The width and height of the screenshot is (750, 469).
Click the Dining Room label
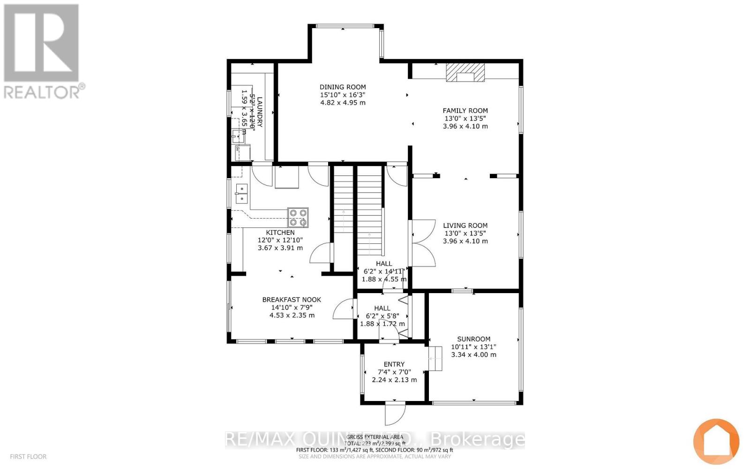tap(343, 87)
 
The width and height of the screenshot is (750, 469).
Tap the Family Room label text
tap(465, 111)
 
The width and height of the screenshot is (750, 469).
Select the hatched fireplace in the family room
tap(465, 73)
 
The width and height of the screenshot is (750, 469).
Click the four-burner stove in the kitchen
tap(298, 217)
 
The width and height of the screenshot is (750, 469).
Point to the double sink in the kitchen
tap(241, 194)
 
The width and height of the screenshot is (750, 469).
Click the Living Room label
tap(465, 226)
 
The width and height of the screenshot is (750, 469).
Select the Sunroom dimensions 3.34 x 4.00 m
tap(473, 355)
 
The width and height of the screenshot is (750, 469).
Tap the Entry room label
tap(394, 364)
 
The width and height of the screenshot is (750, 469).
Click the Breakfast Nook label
tap(292, 300)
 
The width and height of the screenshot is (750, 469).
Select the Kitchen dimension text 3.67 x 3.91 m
tap(280, 248)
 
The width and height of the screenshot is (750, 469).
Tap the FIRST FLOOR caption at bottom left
tap(28, 456)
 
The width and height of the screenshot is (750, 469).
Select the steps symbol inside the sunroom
tap(435, 359)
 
